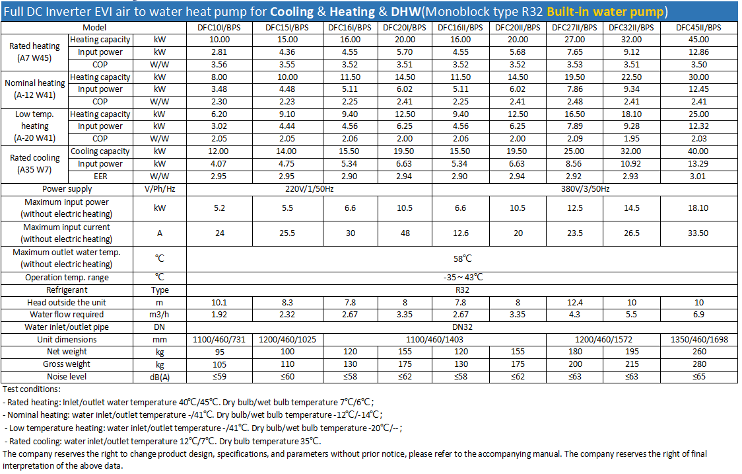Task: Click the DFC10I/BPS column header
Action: coord(219,28)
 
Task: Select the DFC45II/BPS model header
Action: coord(698,28)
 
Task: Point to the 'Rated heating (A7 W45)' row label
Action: coord(34,52)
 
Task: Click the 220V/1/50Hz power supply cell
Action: coord(310,188)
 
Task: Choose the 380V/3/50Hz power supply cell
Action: coord(585,188)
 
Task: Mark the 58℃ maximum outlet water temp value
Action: coord(462,258)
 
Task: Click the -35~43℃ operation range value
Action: coord(462,277)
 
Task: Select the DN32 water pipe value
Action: coord(462,327)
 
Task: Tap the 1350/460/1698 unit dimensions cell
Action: coord(699,339)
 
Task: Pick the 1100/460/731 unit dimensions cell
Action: coord(219,339)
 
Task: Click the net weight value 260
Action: coord(699,352)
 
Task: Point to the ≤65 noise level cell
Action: coord(699,377)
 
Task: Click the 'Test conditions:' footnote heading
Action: coord(32,389)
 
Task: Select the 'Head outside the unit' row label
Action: coord(67,302)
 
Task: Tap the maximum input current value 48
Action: coord(405,233)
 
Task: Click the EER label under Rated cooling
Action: coord(100,177)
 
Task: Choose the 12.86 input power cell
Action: coord(698,52)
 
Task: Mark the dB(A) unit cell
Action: coord(160,377)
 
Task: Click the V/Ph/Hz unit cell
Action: coord(160,188)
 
